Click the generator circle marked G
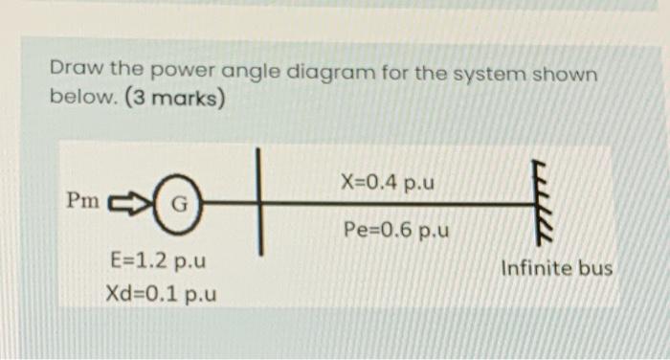[180, 204]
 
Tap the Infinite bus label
[556, 268]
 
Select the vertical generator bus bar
[258, 202]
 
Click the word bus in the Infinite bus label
[595, 268]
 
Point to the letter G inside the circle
[180, 204]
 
